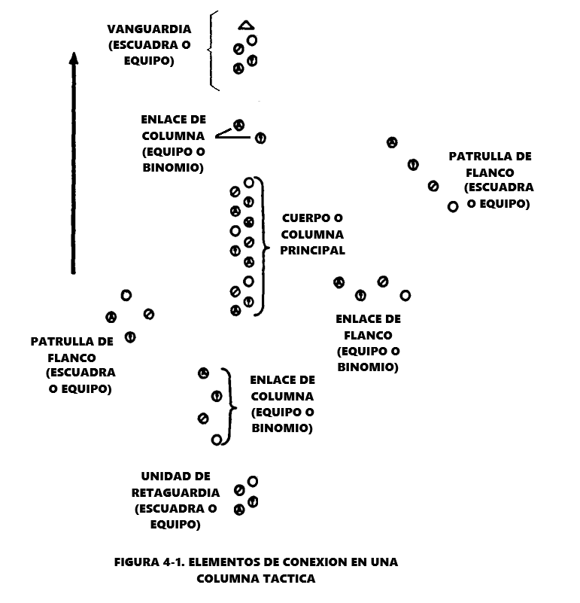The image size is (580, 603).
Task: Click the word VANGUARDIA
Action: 149,30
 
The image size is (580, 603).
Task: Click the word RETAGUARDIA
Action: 176,492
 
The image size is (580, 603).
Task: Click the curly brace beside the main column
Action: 263,245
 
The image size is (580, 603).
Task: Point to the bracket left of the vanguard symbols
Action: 214,51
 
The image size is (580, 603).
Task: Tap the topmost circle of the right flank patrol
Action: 392,142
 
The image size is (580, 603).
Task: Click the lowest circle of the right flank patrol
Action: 453,206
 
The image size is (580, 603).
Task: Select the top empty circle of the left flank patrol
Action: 126,295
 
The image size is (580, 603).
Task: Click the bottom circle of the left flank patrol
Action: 130,337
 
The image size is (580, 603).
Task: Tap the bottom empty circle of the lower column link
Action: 217,440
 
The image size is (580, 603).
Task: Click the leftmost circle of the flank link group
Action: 339,282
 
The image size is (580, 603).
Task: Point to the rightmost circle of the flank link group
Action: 405,295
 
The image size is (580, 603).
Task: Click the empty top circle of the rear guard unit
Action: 253,481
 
